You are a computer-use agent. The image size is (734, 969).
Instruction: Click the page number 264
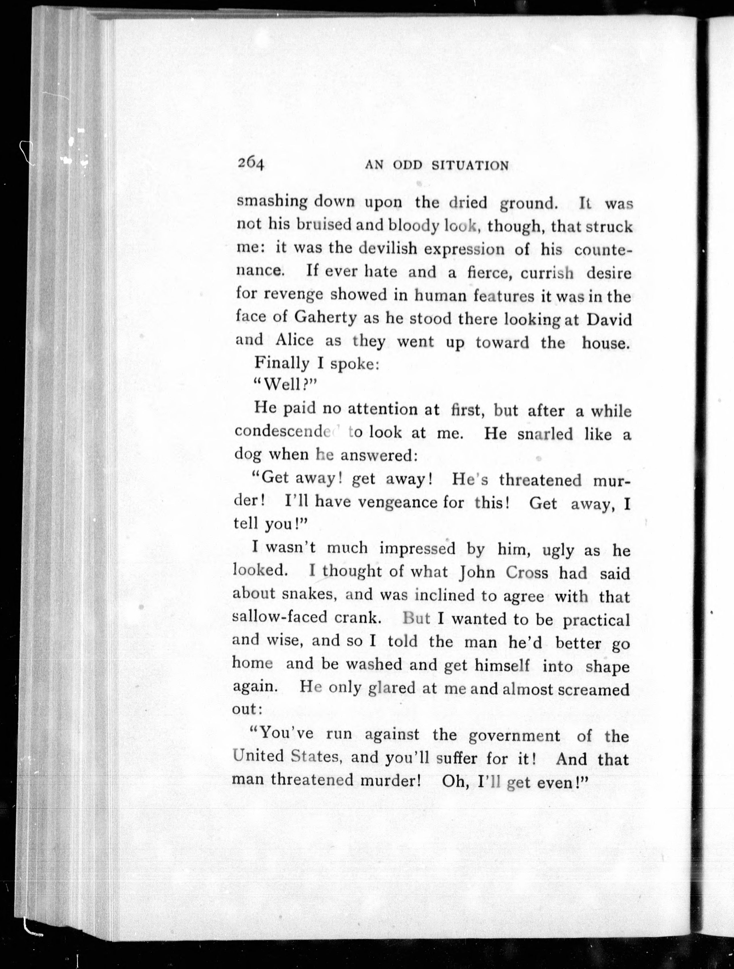251,164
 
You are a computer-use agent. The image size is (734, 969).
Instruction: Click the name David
609,319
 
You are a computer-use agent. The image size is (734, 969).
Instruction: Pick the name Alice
294,340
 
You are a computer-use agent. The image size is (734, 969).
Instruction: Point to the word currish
547,273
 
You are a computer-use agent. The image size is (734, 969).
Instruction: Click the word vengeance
398,502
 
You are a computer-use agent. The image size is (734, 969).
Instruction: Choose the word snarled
545,434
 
